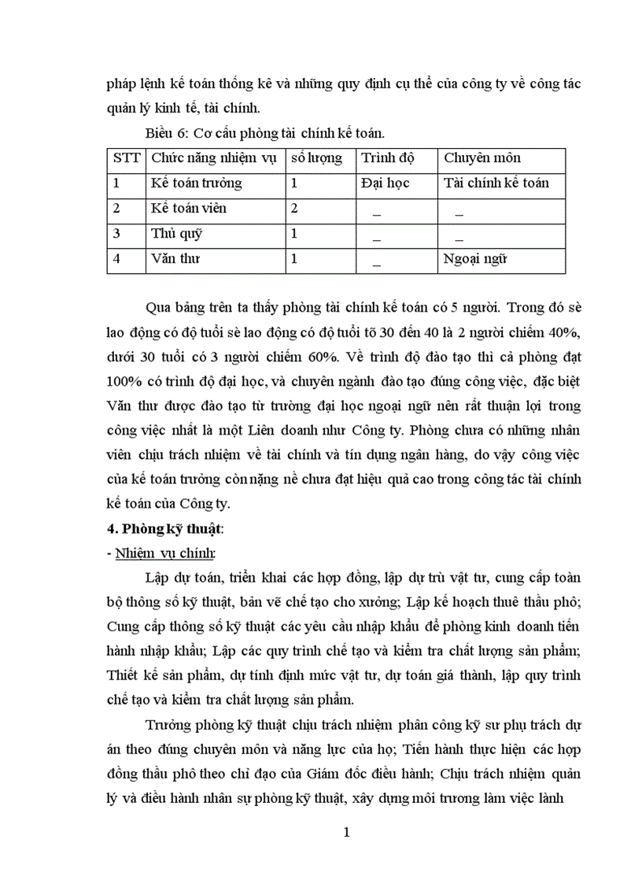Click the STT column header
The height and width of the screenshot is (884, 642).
[126, 158]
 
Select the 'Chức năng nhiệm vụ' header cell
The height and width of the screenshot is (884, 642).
[213, 158]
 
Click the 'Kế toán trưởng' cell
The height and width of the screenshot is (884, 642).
[196, 183]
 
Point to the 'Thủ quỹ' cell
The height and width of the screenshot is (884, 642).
[174, 234]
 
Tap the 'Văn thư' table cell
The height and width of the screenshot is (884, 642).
[175, 259]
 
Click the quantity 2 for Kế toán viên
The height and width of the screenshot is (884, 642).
[294, 209]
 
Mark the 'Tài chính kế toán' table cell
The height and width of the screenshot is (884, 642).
[496, 183]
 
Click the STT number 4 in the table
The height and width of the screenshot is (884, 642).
[116, 259]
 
